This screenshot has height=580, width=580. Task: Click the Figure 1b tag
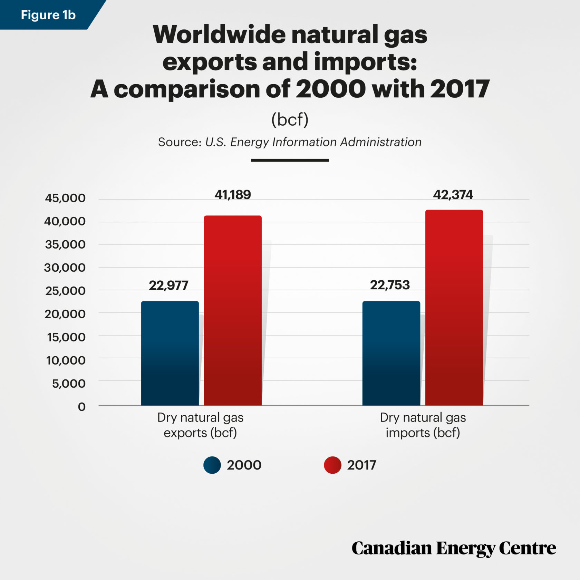(48, 15)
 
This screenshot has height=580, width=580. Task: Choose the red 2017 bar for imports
(454, 307)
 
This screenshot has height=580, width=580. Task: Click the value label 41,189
(233, 195)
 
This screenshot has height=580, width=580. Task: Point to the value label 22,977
(168, 286)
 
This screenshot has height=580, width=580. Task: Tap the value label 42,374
(453, 195)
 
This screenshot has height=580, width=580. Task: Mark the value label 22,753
(390, 285)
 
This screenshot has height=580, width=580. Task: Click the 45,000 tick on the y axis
(65, 198)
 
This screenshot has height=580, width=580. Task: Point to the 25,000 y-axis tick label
(65, 291)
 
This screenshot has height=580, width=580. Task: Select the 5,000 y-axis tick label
(68, 384)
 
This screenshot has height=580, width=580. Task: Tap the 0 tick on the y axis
(81, 407)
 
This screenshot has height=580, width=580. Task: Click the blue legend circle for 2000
(212, 465)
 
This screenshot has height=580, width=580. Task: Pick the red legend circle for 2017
(332, 465)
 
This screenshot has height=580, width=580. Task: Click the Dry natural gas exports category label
(200, 425)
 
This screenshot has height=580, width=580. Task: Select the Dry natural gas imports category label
(423, 425)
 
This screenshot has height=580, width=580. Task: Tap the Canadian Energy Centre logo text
(454, 548)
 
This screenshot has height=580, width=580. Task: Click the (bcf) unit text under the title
(290, 120)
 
